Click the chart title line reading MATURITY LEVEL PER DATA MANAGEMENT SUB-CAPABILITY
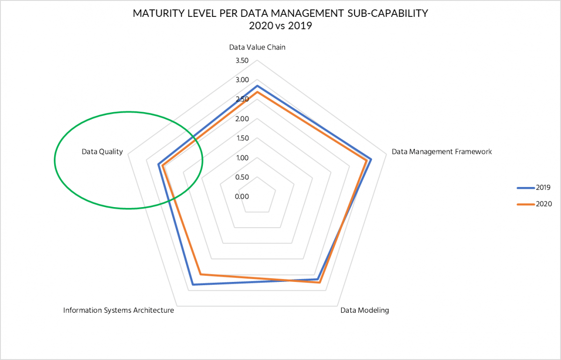point(280,13)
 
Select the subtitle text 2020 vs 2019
point(280,26)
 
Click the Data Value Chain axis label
point(257,47)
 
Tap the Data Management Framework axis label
point(441,151)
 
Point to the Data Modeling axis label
point(364,310)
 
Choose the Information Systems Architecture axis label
point(119,310)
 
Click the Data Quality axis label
point(102,151)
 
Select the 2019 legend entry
point(534,187)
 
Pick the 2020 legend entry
point(534,204)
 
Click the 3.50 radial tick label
point(242,61)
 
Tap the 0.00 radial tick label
point(242,196)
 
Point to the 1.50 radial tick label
point(242,138)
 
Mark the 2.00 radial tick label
point(242,119)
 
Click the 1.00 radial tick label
point(242,158)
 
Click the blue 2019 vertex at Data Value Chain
point(257,86)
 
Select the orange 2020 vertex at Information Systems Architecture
point(201,274)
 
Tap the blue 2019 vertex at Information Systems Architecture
point(193,284)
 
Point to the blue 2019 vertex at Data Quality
point(158,165)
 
